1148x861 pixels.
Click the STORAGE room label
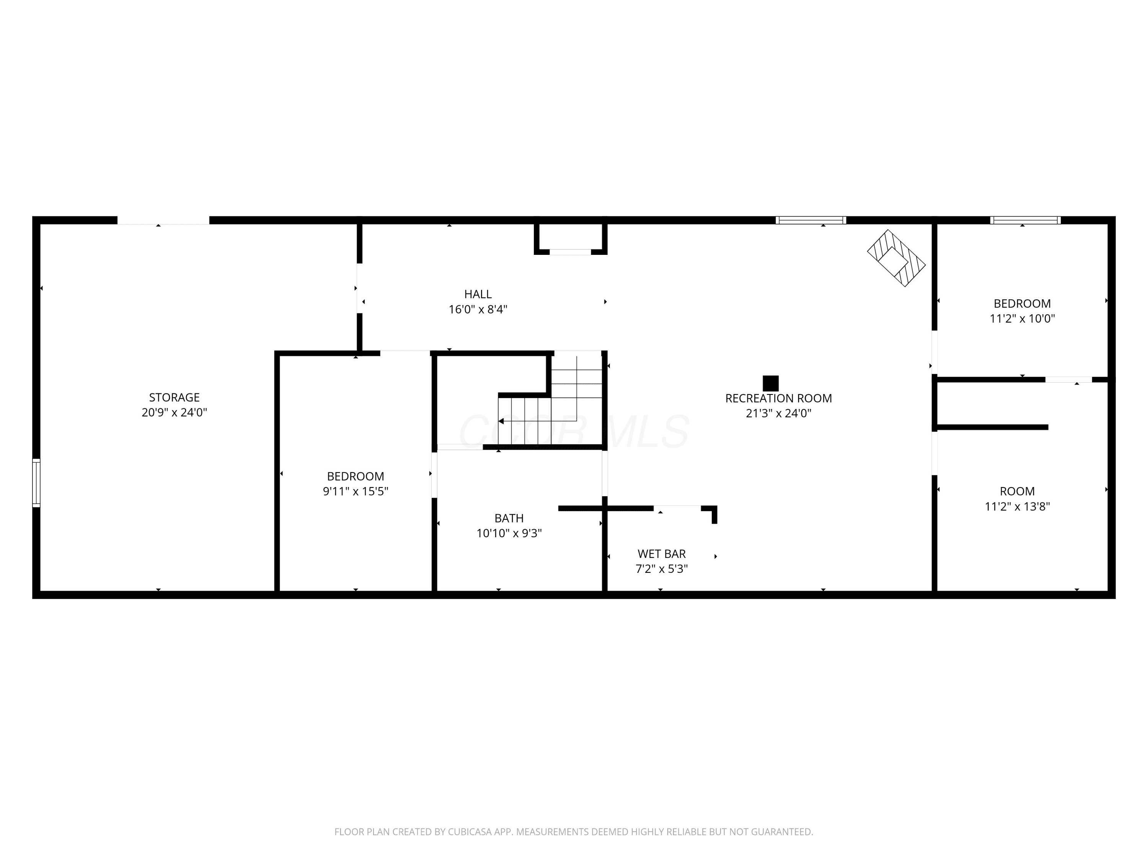coord(174,398)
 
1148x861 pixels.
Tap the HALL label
coord(478,294)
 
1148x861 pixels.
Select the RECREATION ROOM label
coord(778,399)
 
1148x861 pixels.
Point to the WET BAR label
coord(662,554)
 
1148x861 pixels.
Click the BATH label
coord(509,518)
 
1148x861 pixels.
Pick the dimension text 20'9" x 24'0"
coord(174,413)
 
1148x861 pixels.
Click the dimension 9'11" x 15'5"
coord(355,491)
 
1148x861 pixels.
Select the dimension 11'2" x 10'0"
coord(1022,319)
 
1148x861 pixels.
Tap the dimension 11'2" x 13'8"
coord(1017,507)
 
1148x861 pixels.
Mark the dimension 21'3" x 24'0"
coord(778,414)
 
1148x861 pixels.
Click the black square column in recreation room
coord(771,383)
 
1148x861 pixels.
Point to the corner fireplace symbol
coord(896,258)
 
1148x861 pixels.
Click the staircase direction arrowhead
coord(501,421)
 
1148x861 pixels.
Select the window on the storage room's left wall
coord(36,483)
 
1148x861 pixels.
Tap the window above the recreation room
coord(810,220)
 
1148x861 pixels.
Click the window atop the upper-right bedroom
coord(1026,220)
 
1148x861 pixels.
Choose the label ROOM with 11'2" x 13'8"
coord(1017,491)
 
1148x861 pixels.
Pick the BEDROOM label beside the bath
coord(355,476)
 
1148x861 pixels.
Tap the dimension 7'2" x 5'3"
coord(662,569)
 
